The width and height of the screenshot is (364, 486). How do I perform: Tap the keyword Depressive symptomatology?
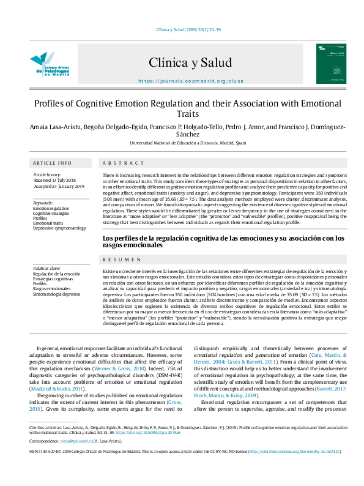click(59, 228)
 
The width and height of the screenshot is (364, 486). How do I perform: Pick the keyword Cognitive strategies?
click(51, 213)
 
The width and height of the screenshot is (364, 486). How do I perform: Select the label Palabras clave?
click(46, 268)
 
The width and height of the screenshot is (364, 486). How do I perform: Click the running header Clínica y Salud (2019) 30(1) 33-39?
click(182, 29)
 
